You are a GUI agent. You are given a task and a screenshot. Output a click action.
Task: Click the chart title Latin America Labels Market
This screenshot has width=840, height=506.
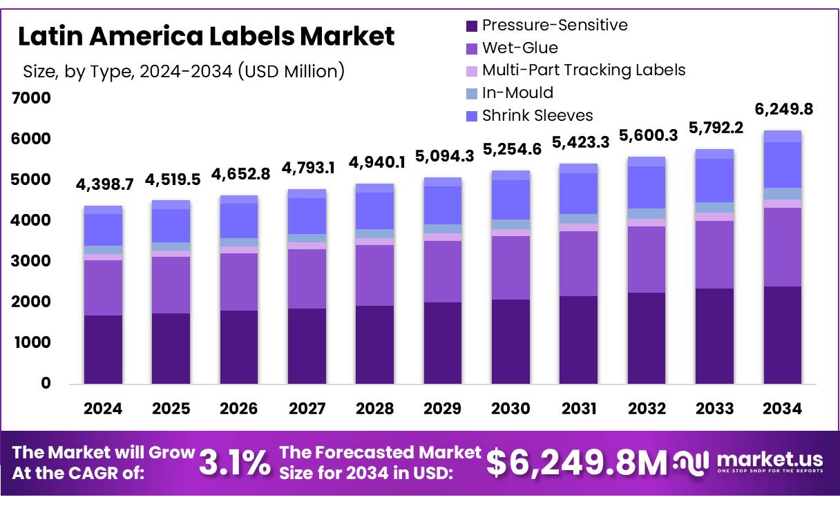[206, 37]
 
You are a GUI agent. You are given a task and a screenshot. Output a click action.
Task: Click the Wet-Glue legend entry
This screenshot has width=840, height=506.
[512, 48]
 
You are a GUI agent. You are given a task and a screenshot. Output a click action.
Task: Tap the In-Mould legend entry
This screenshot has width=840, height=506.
[510, 93]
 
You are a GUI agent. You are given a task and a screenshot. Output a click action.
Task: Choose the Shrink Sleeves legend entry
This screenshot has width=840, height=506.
[529, 115]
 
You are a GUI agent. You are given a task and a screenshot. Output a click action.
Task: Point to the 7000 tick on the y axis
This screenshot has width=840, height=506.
[32, 98]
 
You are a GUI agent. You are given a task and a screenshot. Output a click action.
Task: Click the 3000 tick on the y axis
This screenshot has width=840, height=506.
[32, 261]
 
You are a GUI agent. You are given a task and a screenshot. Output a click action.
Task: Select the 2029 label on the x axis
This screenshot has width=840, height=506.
[443, 409]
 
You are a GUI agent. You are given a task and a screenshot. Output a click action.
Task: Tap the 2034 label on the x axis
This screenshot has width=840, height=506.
[783, 409]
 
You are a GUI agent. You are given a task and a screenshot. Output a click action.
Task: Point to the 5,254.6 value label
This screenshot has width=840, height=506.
[510, 150]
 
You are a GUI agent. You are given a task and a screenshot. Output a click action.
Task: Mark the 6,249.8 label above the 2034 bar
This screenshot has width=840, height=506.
[783, 110]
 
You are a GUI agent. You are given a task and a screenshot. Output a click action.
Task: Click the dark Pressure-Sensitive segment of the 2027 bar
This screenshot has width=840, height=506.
[307, 345]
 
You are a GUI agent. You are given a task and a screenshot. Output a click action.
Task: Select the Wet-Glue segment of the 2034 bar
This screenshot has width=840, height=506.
[783, 246]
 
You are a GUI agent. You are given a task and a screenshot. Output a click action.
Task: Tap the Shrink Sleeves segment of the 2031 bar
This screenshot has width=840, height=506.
[579, 193]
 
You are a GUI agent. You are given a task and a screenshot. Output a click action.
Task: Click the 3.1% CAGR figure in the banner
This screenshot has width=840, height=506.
[235, 463]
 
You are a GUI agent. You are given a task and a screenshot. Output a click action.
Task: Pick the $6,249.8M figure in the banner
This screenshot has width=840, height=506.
[577, 463]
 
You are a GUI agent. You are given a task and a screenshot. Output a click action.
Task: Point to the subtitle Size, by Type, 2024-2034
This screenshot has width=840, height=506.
[184, 70]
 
